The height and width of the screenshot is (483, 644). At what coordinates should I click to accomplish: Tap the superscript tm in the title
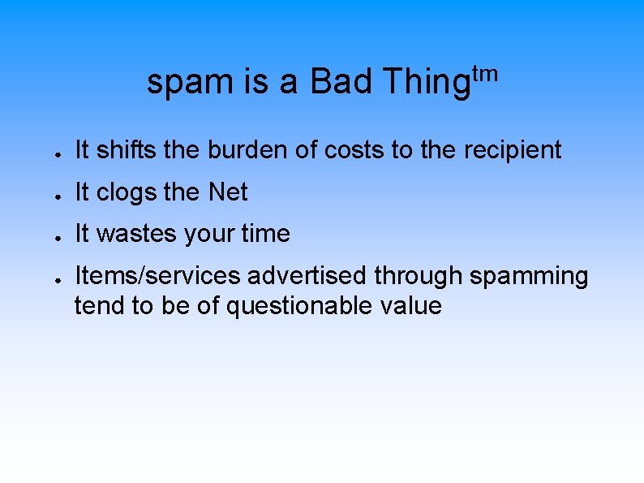point(484,75)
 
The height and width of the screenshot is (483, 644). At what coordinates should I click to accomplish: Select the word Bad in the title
point(341,83)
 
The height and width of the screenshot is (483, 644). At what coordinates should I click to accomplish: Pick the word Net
point(228,192)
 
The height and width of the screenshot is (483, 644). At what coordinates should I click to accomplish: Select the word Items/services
point(158,277)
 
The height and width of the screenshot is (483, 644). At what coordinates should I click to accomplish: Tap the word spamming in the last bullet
point(529,277)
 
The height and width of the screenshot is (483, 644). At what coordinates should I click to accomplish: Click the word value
point(413,306)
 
